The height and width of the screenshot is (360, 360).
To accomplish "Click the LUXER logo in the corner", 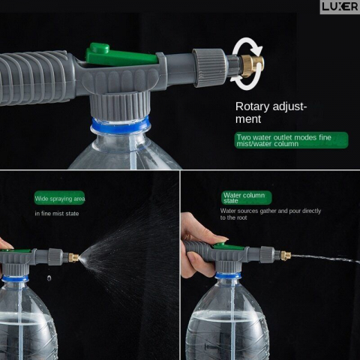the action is click(x=340, y=7).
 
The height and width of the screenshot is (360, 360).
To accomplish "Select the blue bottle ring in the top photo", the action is click(x=120, y=125).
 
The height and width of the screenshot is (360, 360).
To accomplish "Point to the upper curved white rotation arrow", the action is click(x=247, y=47).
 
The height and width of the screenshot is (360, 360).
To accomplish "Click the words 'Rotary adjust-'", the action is click(x=271, y=106).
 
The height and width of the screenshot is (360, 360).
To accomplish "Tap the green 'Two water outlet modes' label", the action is click(x=291, y=140).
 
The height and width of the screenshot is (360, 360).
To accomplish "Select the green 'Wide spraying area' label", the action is click(x=60, y=198).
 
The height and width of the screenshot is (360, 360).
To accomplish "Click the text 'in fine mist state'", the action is click(x=57, y=214).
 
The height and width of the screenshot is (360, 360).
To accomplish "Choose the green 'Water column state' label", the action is click(x=247, y=198).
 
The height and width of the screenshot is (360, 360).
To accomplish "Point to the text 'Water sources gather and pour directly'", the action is click(x=271, y=211).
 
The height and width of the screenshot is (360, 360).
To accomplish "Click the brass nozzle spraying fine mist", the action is click(x=73, y=257).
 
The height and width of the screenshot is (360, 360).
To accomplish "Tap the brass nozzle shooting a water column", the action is click(x=285, y=256).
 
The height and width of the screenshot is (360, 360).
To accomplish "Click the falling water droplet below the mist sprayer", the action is click(x=49, y=277).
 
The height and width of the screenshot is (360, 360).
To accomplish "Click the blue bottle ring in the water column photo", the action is click(x=228, y=276).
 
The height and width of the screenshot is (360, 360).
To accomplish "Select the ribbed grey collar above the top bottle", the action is click(x=120, y=106).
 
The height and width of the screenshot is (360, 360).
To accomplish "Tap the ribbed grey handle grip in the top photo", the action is click(x=35, y=77).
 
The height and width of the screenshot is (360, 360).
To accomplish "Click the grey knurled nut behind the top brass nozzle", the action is click(x=209, y=67).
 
